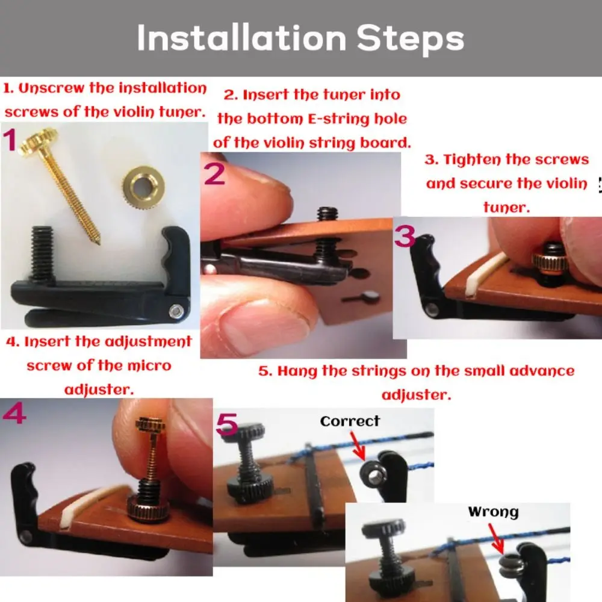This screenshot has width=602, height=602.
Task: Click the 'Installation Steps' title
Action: tap(300, 39)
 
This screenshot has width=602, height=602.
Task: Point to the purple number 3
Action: tap(405, 236)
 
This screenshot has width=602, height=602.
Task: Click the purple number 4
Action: tap(14, 415)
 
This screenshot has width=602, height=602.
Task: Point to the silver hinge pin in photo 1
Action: tap(176, 311)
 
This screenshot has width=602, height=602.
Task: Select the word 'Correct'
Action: tap(350, 421)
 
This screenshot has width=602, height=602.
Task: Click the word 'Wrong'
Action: tap(493, 512)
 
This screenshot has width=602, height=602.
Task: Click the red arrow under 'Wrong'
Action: tap(497, 538)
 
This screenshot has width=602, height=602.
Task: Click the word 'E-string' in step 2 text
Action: tap(351, 119)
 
